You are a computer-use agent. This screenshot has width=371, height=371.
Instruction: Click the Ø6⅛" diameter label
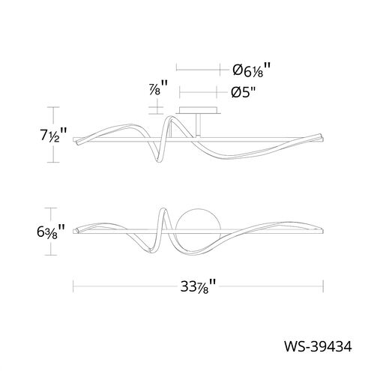[251, 70]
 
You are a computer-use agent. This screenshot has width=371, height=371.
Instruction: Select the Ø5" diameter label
[244, 93]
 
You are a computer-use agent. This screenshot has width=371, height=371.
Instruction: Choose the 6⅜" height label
[51, 231]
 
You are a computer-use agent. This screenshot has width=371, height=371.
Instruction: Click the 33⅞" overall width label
[198, 286]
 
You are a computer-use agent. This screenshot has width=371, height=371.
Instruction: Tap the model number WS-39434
[318, 346]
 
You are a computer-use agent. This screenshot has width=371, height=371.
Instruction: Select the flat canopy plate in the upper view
[198, 110]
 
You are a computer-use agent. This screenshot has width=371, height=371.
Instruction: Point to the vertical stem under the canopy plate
[198, 125]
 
